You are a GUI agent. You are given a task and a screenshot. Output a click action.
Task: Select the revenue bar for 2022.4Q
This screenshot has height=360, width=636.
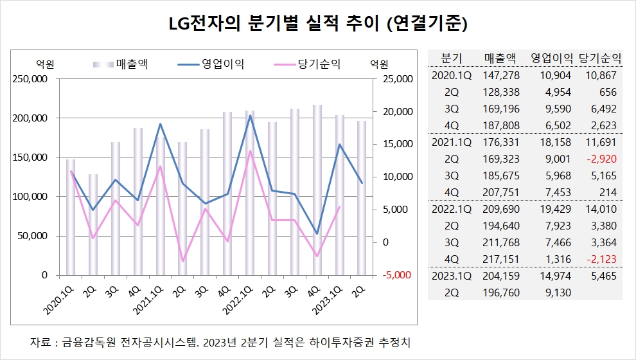317,190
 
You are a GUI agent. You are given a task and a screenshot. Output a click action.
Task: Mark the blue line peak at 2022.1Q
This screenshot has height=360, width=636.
250,116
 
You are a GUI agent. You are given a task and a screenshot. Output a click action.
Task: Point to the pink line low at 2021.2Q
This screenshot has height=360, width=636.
182,262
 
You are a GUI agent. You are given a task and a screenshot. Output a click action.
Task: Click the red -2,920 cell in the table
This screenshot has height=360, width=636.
603,158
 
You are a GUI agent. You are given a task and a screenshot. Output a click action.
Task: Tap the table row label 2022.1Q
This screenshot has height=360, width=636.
452,208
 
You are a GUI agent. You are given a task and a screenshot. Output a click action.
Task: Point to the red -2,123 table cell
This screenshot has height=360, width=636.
603,258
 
